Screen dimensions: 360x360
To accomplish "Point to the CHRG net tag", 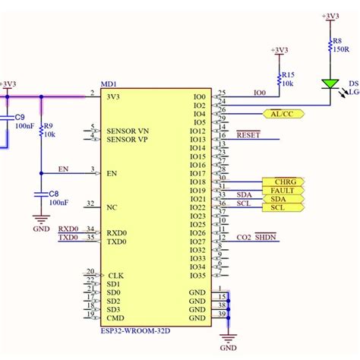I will point(283,182).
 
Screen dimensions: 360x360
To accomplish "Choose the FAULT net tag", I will point(283,190).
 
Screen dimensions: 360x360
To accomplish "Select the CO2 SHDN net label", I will point(257,238).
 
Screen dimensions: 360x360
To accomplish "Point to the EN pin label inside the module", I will point(112,173).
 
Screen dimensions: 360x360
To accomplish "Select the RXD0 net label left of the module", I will point(69,228).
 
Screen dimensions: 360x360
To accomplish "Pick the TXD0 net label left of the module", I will point(69,238).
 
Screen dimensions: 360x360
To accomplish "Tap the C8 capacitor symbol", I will point(41,195).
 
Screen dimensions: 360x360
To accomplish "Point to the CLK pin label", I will point(115,276).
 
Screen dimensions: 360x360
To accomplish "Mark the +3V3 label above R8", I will point(330,15).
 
